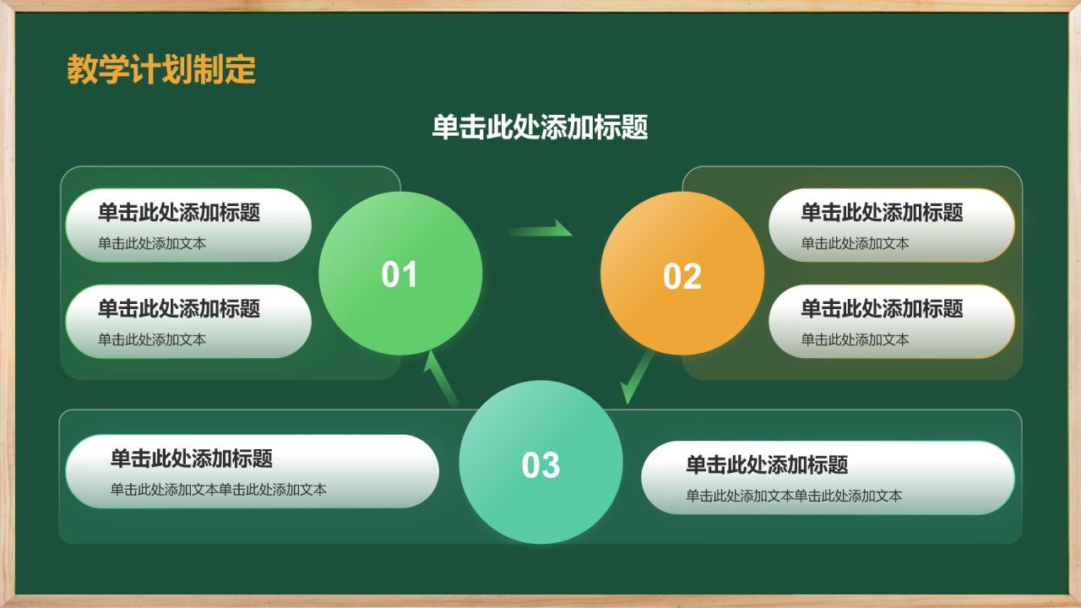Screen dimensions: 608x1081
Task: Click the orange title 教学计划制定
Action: pyautogui.click(x=161, y=70)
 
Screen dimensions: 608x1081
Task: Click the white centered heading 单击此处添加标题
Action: pyautogui.click(x=540, y=128)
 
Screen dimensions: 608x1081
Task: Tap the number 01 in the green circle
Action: pyautogui.click(x=399, y=274)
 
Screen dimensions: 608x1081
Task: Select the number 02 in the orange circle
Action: pyautogui.click(x=682, y=277)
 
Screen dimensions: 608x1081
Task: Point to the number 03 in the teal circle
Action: pyautogui.click(x=540, y=464)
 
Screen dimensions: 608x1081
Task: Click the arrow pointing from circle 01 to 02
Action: pyautogui.click(x=540, y=229)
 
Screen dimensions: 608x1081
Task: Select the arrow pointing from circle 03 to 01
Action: pyautogui.click(x=440, y=377)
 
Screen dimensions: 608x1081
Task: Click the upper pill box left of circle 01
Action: pyautogui.click(x=188, y=225)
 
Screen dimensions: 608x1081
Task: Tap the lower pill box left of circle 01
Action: pyautogui.click(x=188, y=321)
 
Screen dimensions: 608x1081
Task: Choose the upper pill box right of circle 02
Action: pyautogui.click(x=891, y=225)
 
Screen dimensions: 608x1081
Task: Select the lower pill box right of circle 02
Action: pyautogui.click(x=891, y=321)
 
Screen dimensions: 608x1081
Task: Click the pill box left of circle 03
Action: pyautogui.click(x=252, y=471)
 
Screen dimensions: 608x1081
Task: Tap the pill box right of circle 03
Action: pyautogui.click(x=828, y=477)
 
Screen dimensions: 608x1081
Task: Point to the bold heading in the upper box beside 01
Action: pyautogui.click(x=179, y=212)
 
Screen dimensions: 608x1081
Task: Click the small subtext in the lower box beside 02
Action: pyautogui.click(x=855, y=339)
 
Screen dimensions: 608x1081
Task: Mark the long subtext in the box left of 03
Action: pyautogui.click(x=218, y=490)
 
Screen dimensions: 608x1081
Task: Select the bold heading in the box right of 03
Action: pyautogui.click(x=767, y=464)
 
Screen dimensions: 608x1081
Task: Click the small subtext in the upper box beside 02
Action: pyautogui.click(x=855, y=243)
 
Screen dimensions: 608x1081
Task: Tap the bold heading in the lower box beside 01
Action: pyautogui.click(x=179, y=308)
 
